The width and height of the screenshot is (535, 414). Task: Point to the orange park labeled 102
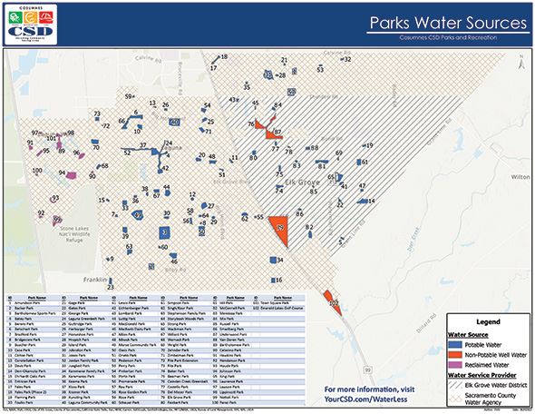(x=333, y=302)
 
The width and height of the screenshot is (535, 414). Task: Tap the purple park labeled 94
(x=64, y=172)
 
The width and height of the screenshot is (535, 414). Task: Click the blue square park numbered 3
(x=164, y=232)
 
